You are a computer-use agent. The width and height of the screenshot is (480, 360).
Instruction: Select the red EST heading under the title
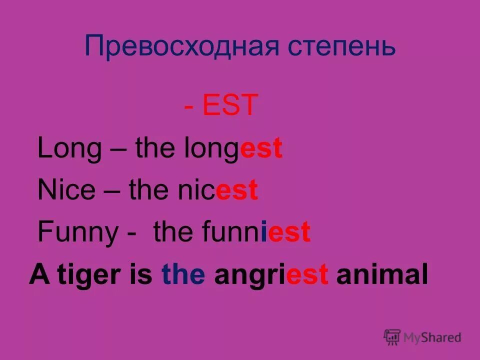point(230,105)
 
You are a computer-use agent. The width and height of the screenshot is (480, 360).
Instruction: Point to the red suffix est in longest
point(261,149)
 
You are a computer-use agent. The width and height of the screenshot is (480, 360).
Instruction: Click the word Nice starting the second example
point(66,190)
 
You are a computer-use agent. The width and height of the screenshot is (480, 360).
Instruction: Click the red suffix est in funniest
point(289,232)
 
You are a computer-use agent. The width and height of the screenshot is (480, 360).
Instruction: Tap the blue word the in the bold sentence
point(183,275)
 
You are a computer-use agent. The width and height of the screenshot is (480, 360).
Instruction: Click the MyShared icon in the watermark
point(392,337)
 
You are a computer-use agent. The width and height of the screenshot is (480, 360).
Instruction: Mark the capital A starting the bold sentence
point(37,275)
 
